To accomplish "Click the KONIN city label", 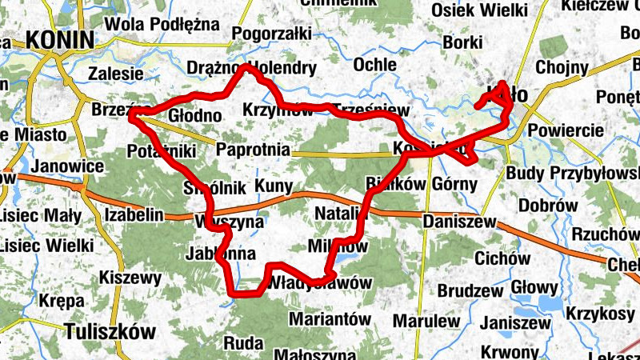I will (x=59, y=39).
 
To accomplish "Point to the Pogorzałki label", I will (x=272, y=34).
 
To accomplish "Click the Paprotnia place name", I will (x=251, y=148).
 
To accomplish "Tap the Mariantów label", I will (x=330, y=318).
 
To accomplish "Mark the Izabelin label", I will (x=134, y=214).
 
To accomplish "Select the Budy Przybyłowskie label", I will (x=573, y=174).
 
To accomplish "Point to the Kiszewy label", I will (x=130, y=278).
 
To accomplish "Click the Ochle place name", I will (x=374, y=64).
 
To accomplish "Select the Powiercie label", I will (x=565, y=130).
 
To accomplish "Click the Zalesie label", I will (x=116, y=74).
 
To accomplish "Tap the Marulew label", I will (x=426, y=322).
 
